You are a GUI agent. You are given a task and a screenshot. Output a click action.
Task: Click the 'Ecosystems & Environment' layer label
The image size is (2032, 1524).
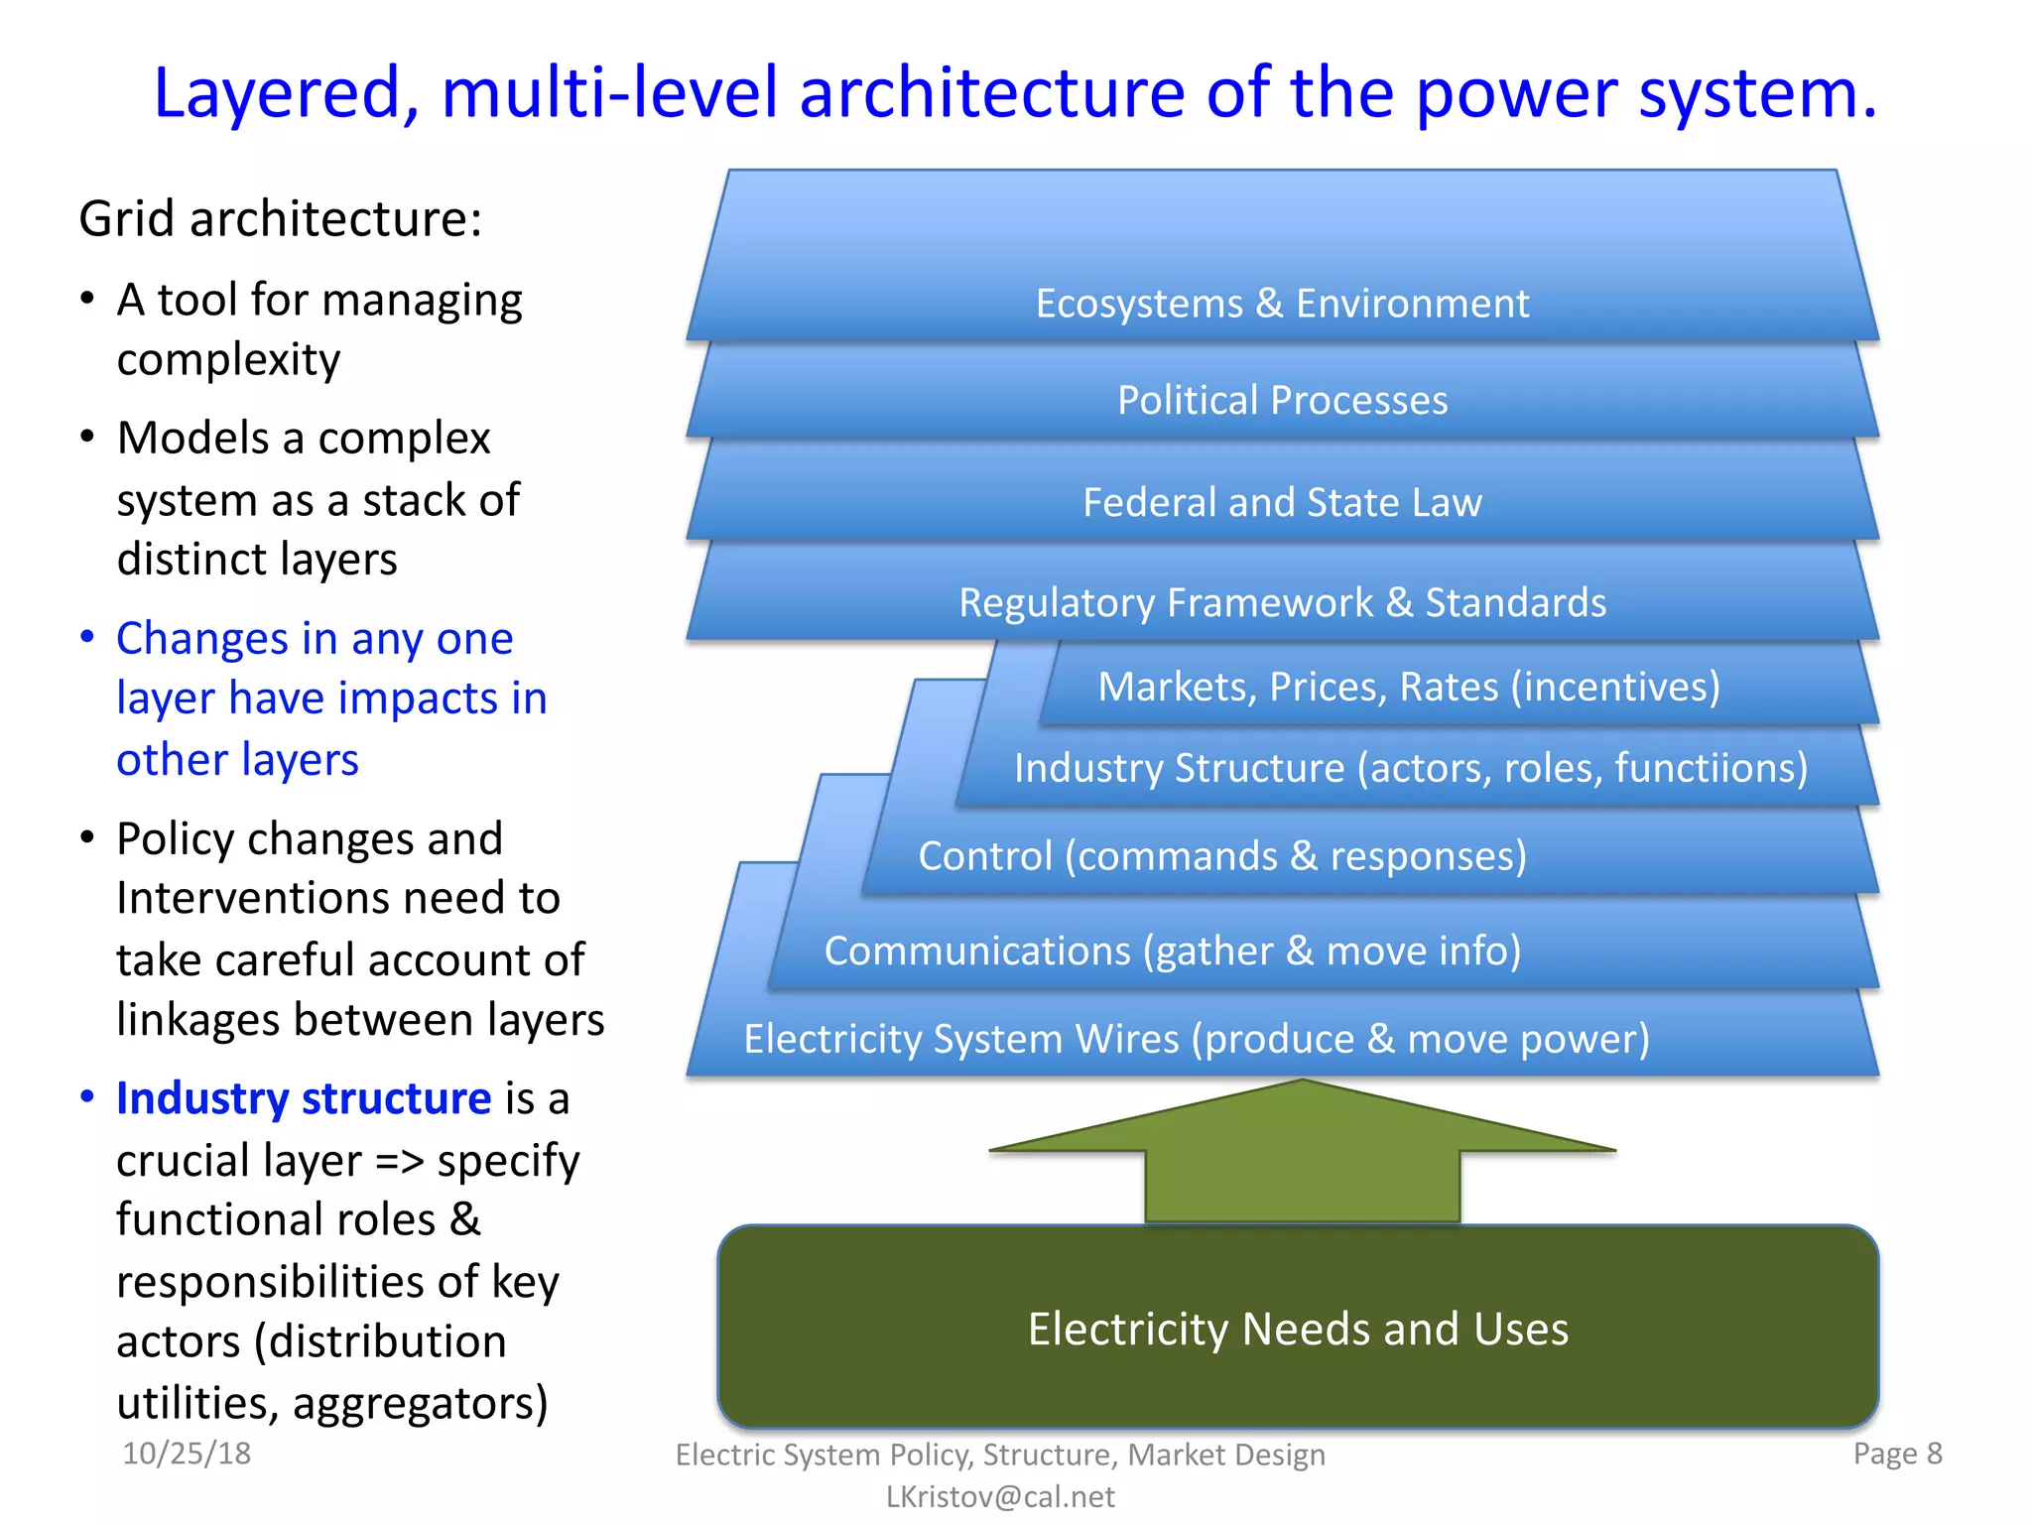click(x=1282, y=304)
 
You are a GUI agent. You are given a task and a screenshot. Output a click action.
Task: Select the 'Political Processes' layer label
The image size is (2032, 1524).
click(x=1282, y=401)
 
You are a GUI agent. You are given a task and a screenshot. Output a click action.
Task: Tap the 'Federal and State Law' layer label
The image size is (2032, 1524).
click(x=1282, y=503)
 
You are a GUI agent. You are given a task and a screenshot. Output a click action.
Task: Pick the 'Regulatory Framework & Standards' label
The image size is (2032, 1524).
click(x=1282, y=603)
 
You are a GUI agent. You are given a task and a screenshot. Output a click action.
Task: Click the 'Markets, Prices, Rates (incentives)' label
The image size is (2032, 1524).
click(x=1409, y=687)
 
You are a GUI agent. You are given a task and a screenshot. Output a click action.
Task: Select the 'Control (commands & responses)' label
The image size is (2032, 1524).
click(x=1222, y=856)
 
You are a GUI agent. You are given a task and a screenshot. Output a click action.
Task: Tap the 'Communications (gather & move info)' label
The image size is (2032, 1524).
click(x=1173, y=951)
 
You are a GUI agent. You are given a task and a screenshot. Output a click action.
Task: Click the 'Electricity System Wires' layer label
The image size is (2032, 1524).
click(x=1197, y=1039)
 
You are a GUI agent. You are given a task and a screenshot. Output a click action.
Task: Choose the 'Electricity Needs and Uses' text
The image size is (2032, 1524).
click(x=1298, y=1330)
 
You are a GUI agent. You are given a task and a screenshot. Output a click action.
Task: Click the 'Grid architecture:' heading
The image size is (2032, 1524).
click(x=281, y=219)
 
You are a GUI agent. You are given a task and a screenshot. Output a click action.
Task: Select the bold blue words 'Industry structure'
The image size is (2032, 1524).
click(x=304, y=1099)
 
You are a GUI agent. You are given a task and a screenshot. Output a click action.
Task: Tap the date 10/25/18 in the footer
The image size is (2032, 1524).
click(x=187, y=1454)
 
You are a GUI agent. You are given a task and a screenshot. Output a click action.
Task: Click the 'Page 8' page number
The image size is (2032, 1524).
click(x=1897, y=1454)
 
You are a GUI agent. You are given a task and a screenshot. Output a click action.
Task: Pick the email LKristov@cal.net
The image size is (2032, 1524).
click(x=1000, y=1496)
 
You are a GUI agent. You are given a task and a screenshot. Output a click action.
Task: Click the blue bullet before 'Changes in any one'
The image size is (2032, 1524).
click(x=87, y=637)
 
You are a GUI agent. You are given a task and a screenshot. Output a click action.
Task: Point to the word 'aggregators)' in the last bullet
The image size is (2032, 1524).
click(x=420, y=1403)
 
